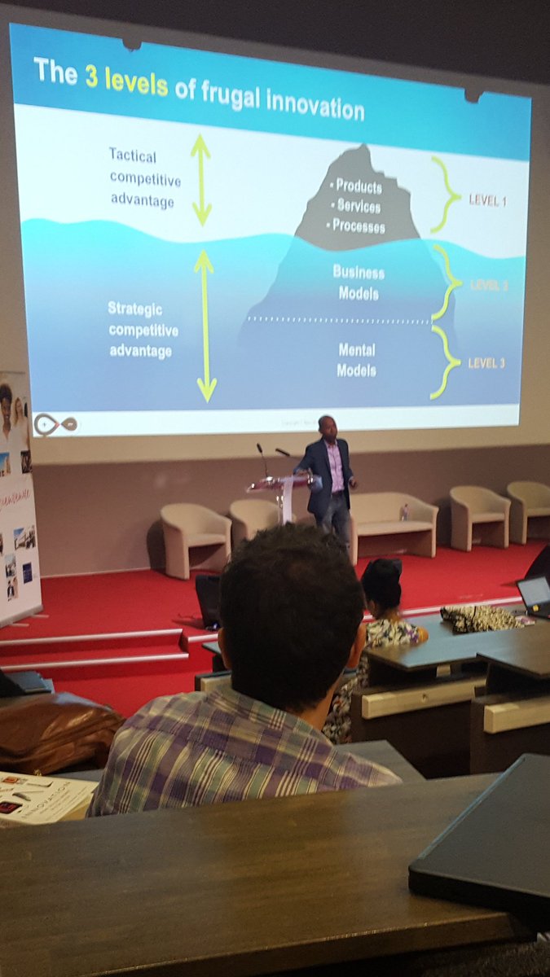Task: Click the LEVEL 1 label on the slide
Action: [487, 200]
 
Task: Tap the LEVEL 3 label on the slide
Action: [486, 362]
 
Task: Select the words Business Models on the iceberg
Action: [359, 283]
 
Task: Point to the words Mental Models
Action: [357, 360]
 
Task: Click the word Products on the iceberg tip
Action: [357, 187]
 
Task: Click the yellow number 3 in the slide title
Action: [93, 73]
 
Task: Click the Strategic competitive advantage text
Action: [142, 331]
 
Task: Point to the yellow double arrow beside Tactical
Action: [200, 180]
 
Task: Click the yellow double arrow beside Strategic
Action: [205, 326]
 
